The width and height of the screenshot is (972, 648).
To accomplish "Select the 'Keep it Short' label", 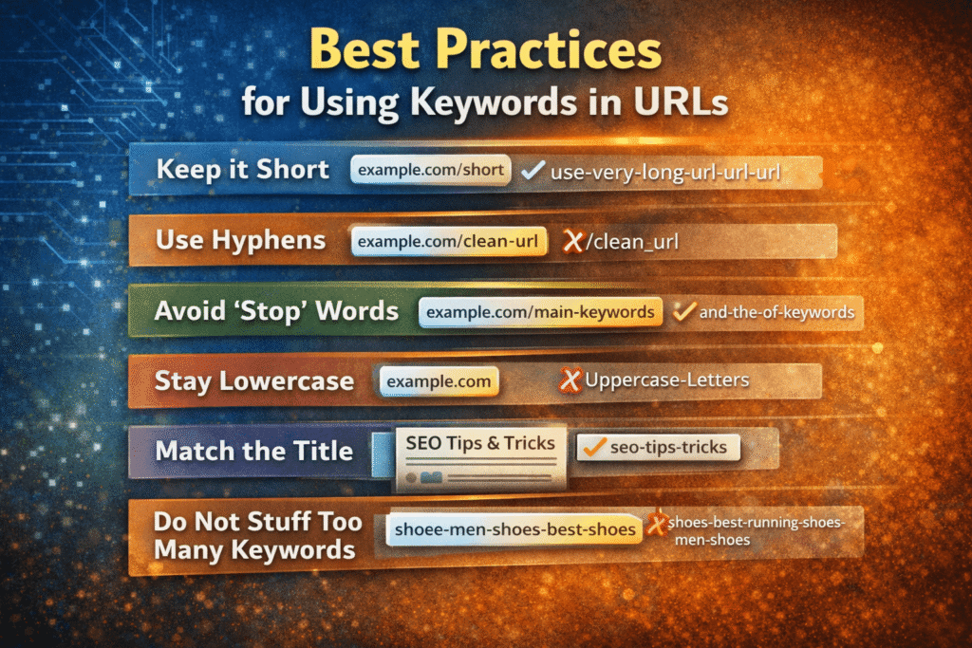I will pyautogui.click(x=243, y=170).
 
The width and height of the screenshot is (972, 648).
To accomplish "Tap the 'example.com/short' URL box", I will pyautogui.click(x=430, y=170).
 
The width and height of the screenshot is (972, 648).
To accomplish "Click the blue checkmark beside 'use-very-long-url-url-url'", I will pyautogui.click(x=533, y=171).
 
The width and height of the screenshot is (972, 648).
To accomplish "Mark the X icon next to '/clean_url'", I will pyautogui.click(x=571, y=242).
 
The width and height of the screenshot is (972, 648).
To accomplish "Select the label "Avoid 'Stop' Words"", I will pyautogui.click(x=277, y=311).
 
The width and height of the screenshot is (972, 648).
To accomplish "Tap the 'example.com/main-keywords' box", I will pyautogui.click(x=540, y=311).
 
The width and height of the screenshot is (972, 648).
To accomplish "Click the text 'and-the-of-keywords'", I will pyautogui.click(x=776, y=310).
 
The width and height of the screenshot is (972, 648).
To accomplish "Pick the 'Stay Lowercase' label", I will pyautogui.click(x=254, y=381).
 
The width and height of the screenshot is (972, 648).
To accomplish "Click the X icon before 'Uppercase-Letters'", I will pyautogui.click(x=570, y=381).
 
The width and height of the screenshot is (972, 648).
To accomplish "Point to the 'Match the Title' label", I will pyautogui.click(x=253, y=450).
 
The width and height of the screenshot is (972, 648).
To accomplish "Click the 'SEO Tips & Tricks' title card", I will pyautogui.click(x=479, y=443).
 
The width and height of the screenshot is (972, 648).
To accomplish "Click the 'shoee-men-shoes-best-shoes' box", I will pyautogui.click(x=514, y=529).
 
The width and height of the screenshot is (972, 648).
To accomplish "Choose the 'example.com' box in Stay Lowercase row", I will pyautogui.click(x=439, y=381).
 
